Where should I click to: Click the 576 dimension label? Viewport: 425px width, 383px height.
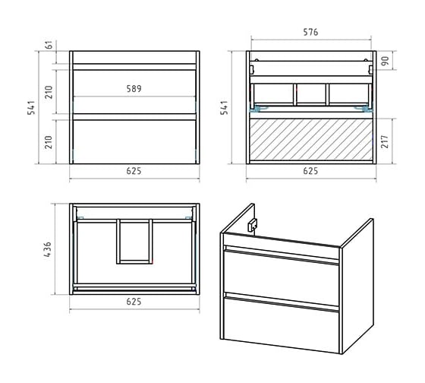[x=310, y=32]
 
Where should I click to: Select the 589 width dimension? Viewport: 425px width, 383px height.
[x=134, y=89]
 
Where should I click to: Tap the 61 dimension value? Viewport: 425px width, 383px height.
[x=49, y=45]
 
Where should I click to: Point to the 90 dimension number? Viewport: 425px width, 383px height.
[x=385, y=61]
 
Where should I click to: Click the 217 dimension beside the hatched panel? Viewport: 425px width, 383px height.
[x=385, y=141]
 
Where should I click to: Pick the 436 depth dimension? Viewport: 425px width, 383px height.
[x=47, y=249]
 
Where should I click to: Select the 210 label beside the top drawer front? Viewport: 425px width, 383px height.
[x=49, y=92]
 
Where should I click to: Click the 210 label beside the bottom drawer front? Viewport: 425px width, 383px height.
[x=49, y=142]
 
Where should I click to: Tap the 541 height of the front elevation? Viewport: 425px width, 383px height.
[x=31, y=107]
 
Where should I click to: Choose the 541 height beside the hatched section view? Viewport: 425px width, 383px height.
[x=224, y=107]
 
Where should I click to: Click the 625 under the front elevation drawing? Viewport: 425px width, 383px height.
[x=134, y=171]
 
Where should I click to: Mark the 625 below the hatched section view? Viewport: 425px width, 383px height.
[x=310, y=171]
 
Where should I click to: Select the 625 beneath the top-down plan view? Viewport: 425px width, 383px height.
[x=134, y=302]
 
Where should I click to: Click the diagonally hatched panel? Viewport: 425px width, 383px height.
[x=311, y=140]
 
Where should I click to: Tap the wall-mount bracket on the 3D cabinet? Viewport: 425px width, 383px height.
[x=252, y=225]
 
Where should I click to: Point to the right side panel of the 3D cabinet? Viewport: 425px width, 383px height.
[x=357, y=286]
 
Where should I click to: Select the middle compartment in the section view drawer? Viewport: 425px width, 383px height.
[x=311, y=94]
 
